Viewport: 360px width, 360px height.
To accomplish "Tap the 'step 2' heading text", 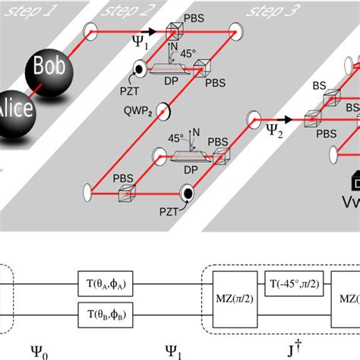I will pyautogui.click(x=133, y=11).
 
